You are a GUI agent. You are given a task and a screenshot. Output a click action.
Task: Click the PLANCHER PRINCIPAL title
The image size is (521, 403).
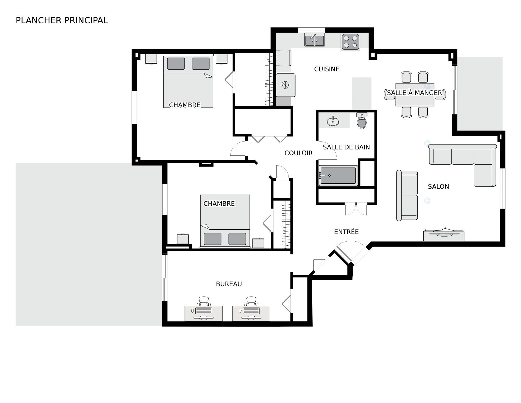click(x=62, y=20)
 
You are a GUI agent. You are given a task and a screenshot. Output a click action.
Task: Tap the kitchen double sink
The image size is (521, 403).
click(x=314, y=40)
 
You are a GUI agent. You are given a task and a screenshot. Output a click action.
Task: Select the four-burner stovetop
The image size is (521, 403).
click(x=350, y=42)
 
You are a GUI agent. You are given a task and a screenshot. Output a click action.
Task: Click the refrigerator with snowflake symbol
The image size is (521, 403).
click(x=285, y=85)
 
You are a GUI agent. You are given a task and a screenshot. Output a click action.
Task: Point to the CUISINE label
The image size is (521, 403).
click(x=326, y=69)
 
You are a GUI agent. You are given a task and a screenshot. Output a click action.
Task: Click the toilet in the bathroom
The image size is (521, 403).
click(x=362, y=122)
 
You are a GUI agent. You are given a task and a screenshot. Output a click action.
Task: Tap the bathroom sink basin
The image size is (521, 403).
click(x=333, y=121)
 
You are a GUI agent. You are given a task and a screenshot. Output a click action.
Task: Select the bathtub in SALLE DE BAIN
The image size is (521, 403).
click(x=338, y=176)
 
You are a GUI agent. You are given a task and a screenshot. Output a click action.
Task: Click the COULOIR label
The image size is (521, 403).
click(x=298, y=153)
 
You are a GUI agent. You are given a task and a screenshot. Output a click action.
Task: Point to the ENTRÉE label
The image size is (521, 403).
click(x=346, y=232)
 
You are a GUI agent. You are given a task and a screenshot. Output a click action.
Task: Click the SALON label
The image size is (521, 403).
click(x=438, y=186)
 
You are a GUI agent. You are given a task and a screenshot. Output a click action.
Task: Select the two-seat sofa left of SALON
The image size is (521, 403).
click(x=407, y=195)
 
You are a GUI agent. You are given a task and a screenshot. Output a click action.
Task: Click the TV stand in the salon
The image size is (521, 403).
click(x=443, y=235)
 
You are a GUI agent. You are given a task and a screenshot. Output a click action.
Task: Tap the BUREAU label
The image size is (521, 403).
click(x=229, y=284)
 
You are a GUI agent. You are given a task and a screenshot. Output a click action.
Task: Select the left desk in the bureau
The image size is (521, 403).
click(x=204, y=313)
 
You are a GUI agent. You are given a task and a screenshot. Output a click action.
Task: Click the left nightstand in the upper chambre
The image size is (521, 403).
click(x=151, y=59)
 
